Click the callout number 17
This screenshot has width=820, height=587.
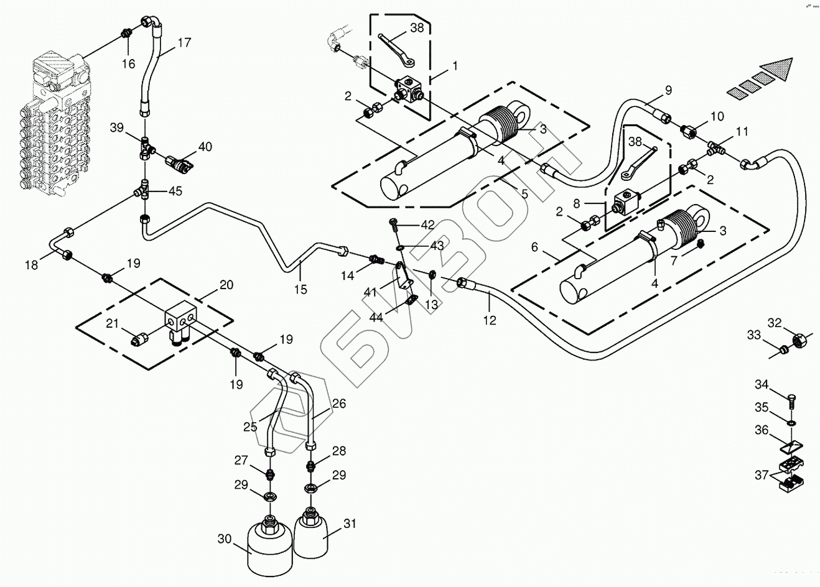point(184,43)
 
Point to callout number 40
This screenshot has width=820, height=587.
point(205,147)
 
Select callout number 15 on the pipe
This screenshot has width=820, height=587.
point(301,289)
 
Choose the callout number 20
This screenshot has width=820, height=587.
point(226,285)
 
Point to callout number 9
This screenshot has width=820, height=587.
point(668,90)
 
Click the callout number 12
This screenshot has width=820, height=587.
point(490,320)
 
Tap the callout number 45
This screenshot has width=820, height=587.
point(175,192)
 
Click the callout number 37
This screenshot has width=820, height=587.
point(762,476)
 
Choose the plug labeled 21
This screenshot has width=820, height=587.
point(141,340)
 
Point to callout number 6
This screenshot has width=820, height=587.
point(534,247)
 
